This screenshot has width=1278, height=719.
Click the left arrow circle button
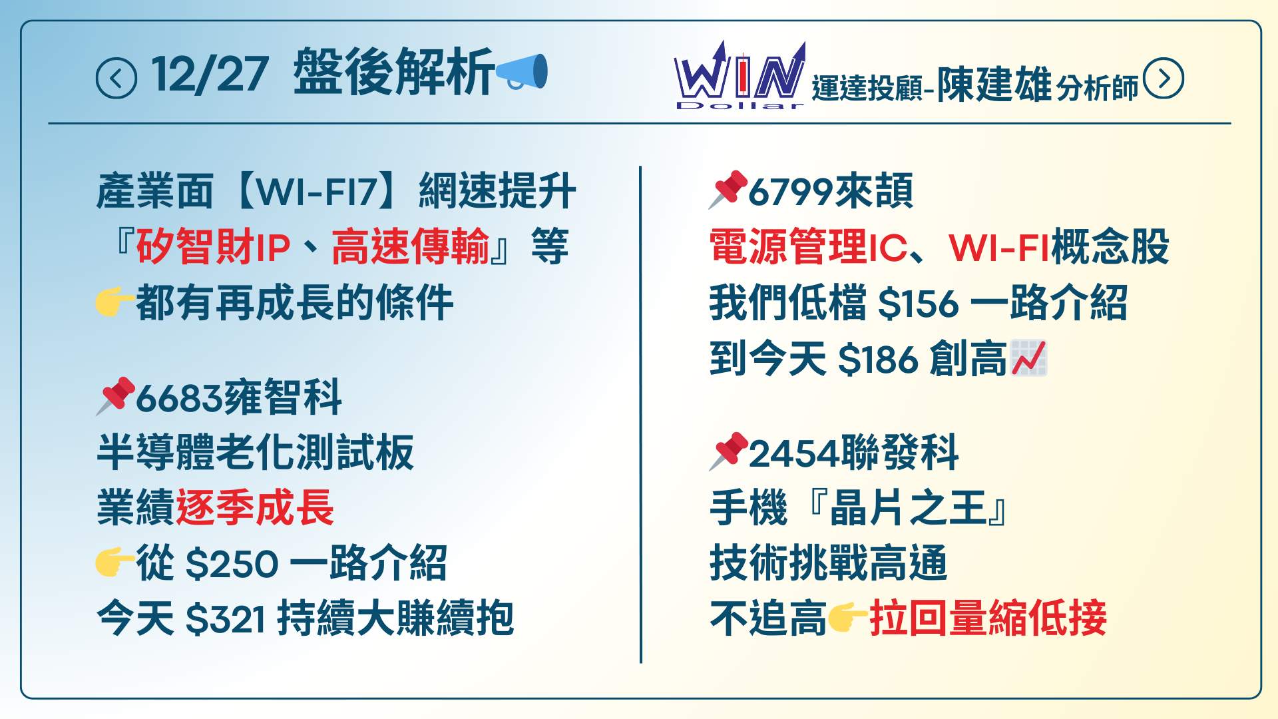pos(116,78)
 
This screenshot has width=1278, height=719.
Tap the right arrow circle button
pos(1163,79)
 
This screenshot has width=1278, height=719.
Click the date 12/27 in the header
pos(210,74)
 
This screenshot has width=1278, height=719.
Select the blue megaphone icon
pos(523,71)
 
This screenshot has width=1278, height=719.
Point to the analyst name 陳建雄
pos(994,85)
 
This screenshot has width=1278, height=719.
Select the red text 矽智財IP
pos(214,247)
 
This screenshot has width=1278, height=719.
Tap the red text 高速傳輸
pos(410,247)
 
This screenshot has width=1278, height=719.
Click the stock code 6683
pos(178,398)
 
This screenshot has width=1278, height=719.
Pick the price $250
pos(232,564)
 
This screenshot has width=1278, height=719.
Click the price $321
pos(226,619)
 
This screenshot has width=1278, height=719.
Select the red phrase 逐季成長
pos(255,508)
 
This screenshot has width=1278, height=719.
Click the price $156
pos(919,304)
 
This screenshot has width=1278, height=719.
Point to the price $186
pos(879,359)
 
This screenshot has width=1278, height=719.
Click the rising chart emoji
pos(1028,358)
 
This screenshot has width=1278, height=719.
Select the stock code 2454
pos(794,454)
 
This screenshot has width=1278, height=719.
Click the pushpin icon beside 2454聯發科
pos(728,451)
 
